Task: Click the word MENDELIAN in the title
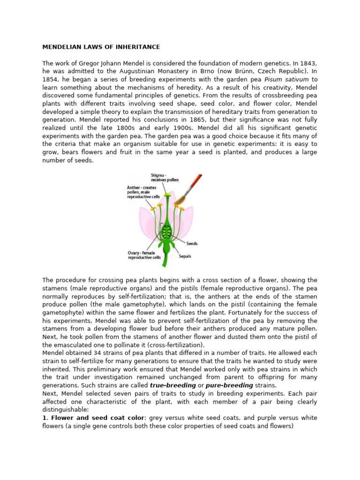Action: coord(60,47)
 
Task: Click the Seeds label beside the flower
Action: coord(193,243)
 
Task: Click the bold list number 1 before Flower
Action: coord(45,417)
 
